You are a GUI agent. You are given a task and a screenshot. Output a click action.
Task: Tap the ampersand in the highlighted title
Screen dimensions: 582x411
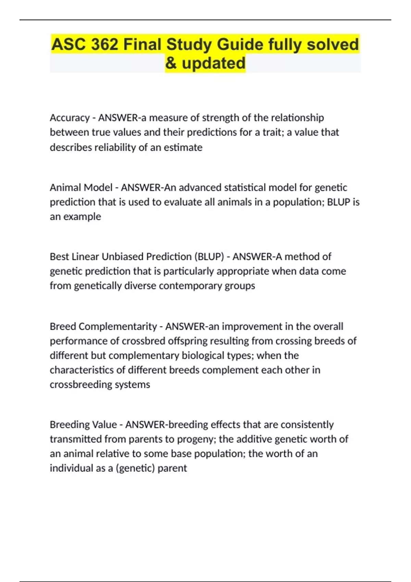171,63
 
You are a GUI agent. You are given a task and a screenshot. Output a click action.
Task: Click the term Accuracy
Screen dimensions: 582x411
70,118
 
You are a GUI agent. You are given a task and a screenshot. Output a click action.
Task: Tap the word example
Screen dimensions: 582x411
82,217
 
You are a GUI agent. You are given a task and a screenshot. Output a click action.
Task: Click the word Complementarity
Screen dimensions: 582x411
118,327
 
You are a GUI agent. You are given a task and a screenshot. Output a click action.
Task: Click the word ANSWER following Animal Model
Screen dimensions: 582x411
141,188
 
